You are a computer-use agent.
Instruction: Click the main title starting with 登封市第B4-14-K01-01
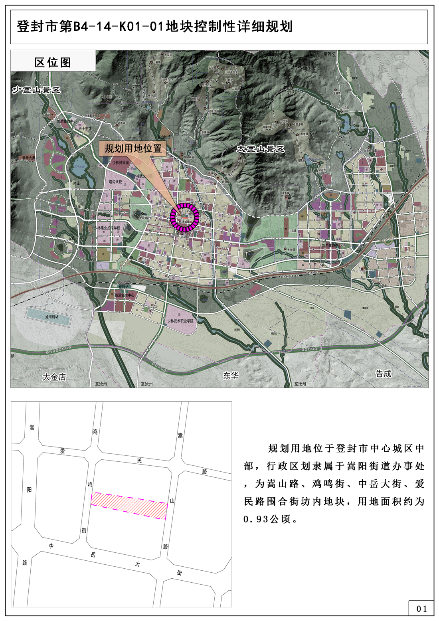coord(155,27)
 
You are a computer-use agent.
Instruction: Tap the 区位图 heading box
coord(53,62)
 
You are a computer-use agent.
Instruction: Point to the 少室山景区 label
coord(36,90)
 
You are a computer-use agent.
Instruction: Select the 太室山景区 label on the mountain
coord(261,149)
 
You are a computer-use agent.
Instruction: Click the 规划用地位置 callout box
coord(133,148)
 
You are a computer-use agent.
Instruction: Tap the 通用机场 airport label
coord(51,316)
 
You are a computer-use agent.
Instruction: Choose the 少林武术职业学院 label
coord(180,320)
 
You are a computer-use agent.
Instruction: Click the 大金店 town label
coord(54,377)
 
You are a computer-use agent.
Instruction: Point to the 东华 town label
coord(231,375)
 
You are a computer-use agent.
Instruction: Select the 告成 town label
coord(384,374)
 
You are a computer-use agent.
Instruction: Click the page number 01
coord(421,609)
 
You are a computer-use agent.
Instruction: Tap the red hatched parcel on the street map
coord(129,505)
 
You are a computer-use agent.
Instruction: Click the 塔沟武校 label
coord(115,182)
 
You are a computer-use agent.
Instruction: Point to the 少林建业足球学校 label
coord(107,228)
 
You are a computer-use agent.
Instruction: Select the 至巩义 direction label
coord(329,53)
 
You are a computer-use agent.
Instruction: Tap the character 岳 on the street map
coord(93,555)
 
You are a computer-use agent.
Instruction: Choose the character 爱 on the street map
coord(63,451)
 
